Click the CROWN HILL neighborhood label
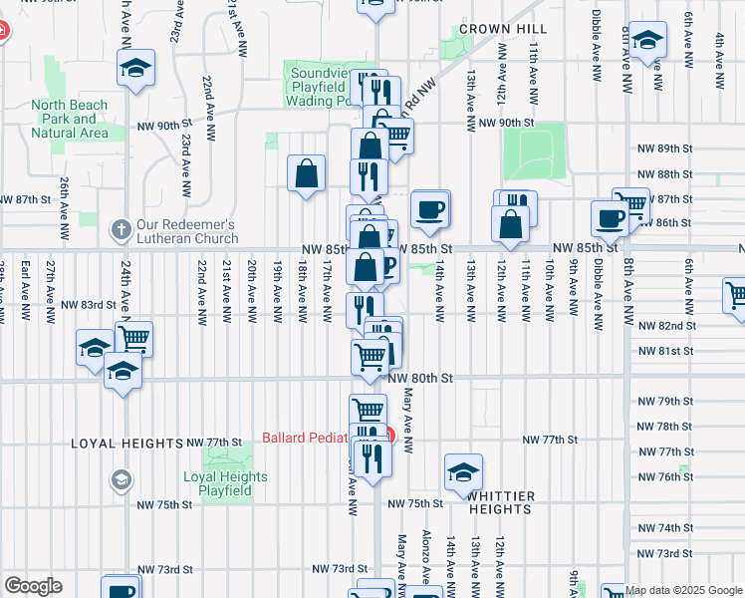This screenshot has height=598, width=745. coord(504,29)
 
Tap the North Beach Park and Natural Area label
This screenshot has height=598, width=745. coord(69,119)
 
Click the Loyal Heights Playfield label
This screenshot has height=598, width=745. coord(225,483)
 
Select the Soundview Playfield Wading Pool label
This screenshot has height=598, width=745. coord(322,86)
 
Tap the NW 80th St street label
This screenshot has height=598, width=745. coord(420,379)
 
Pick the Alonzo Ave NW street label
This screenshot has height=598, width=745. coord(426,556)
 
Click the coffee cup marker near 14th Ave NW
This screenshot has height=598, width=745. coord(430,209)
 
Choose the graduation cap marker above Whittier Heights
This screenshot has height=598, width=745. coord(463,472)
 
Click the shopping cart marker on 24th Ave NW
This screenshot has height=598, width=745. coord(133,338)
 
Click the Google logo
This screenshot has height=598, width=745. coord(33,586)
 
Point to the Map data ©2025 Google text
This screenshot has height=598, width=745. coord(684,590)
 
